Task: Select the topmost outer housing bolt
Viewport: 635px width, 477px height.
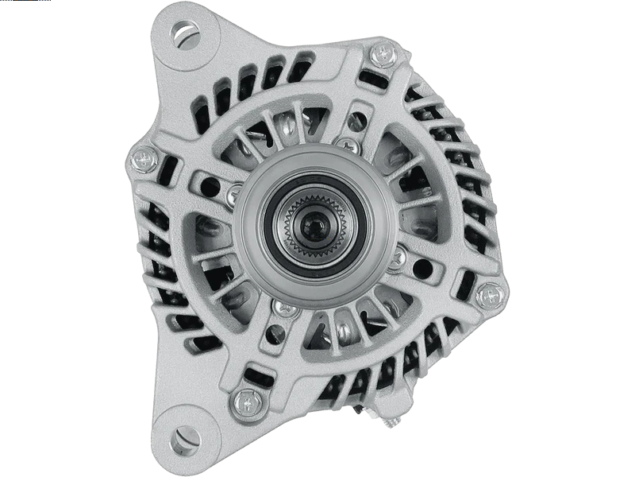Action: [383, 54]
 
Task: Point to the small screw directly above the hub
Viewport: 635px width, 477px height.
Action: [347, 145]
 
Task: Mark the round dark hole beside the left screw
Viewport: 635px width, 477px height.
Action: [210, 187]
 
